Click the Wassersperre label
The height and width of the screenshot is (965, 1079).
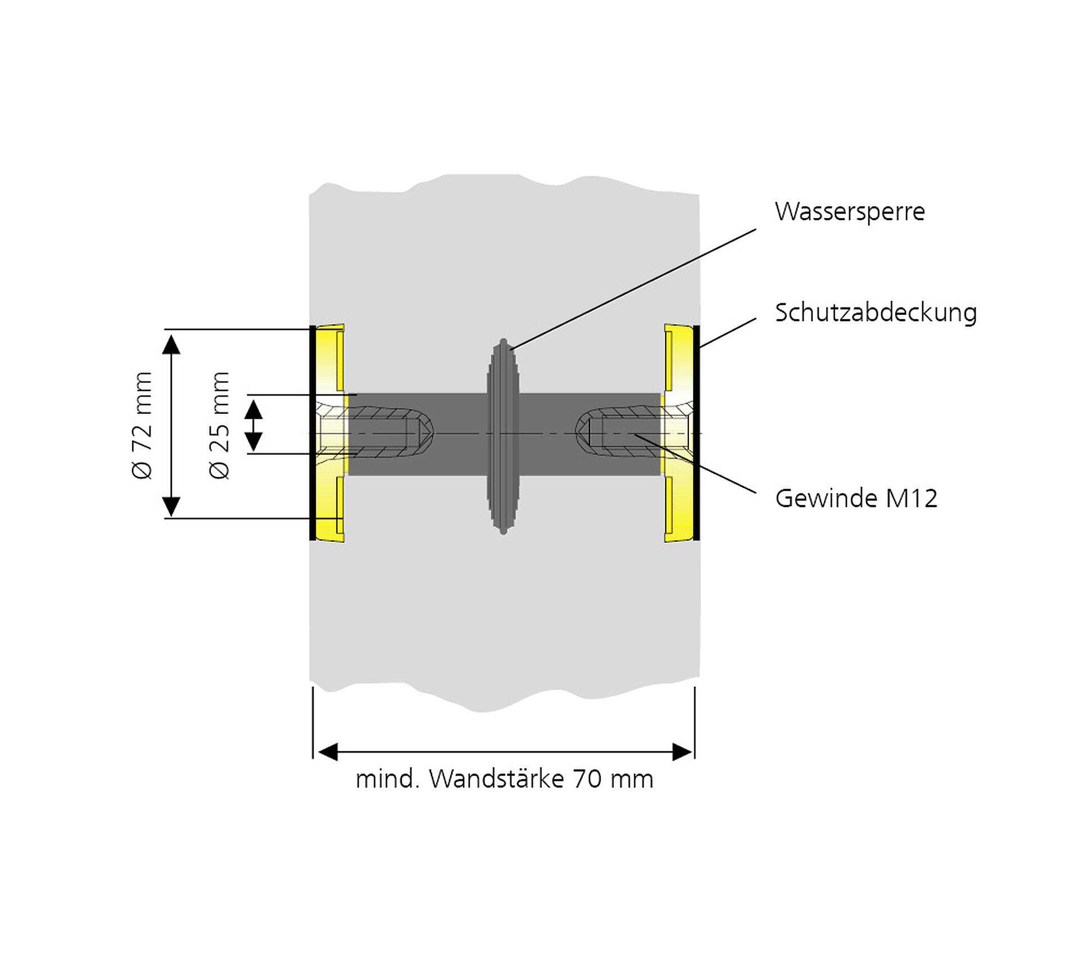click(849, 212)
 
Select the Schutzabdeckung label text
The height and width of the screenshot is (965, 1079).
click(876, 313)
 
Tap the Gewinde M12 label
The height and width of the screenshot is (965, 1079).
click(856, 499)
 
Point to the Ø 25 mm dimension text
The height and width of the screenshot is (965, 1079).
click(220, 425)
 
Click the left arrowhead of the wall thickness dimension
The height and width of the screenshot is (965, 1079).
click(328, 751)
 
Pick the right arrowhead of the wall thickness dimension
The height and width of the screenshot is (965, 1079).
click(682, 751)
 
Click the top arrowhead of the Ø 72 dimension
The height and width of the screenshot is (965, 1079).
click(171, 343)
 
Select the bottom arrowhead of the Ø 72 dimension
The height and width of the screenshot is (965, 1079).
click(171, 506)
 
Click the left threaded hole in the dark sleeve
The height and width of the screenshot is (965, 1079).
click(388, 433)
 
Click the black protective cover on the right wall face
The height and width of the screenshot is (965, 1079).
click(697, 433)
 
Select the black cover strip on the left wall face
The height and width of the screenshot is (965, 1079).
click(312, 433)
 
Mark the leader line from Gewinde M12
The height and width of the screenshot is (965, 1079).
click(697, 464)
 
